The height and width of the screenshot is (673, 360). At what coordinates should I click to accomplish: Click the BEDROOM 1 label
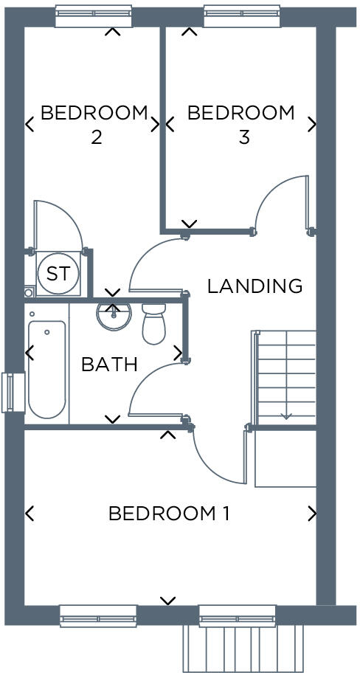(x=169, y=514)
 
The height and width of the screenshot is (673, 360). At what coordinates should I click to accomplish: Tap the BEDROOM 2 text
(x=94, y=125)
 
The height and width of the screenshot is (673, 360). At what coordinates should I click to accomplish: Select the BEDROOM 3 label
(x=240, y=125)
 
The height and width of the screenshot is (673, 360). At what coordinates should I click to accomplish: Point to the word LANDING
(x=255, y=286)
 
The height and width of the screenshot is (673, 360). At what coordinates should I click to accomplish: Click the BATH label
(x=109, y=364)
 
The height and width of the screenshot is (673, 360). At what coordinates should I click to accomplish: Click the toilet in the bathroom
(x=155, y=324)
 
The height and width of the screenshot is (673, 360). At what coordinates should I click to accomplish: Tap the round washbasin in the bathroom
(x=114, y=316)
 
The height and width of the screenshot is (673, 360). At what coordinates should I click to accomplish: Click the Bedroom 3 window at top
(x=241, y=16)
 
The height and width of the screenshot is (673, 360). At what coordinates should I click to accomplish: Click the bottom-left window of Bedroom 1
(x=98, y=615)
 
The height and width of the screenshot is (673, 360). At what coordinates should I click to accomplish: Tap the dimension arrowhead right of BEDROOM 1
(x=312, y=513)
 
